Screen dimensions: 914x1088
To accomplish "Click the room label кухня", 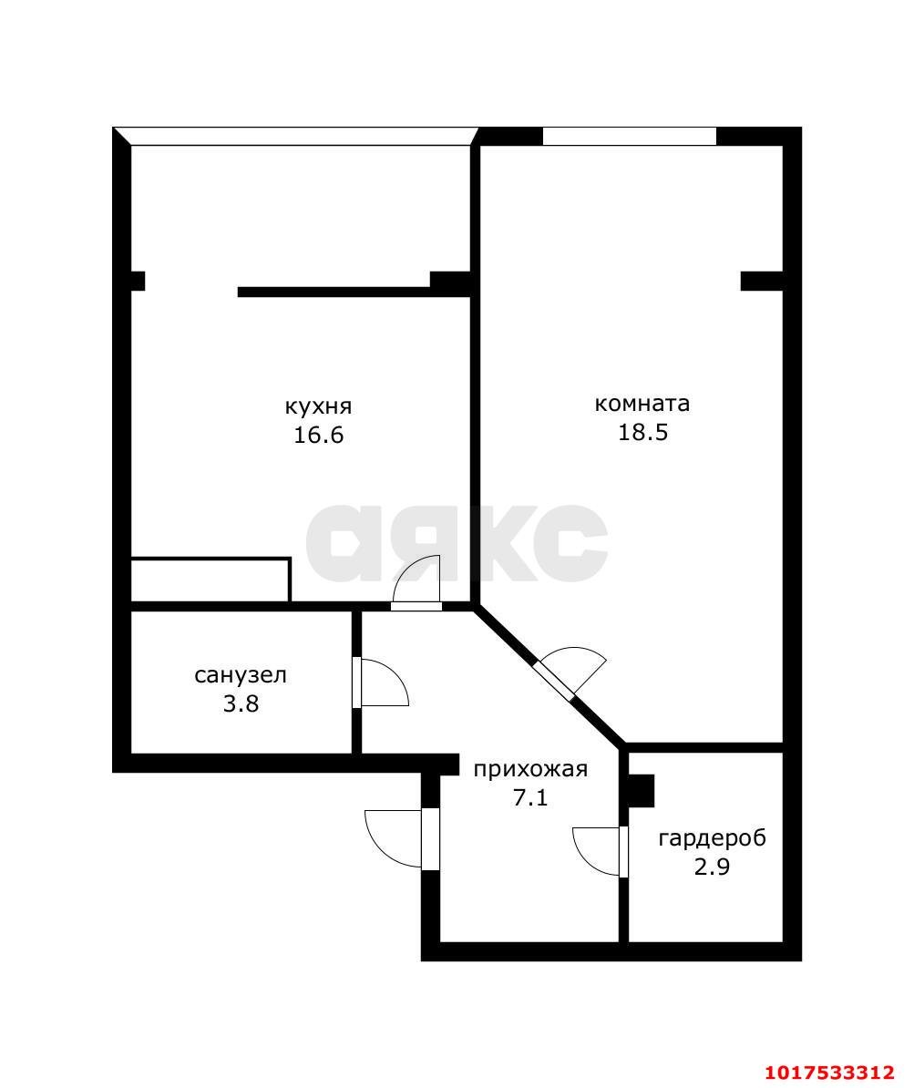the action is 318,406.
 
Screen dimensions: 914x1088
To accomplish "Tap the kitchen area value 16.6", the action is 319,435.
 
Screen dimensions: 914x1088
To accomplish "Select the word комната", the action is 642,404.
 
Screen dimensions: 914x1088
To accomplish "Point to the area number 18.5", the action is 642,432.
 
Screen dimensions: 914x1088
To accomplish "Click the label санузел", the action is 241,675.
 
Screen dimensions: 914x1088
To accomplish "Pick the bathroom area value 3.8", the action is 241,704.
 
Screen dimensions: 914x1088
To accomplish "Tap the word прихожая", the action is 530,769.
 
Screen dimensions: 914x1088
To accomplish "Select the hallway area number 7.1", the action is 530,798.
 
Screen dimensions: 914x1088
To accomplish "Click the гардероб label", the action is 712,838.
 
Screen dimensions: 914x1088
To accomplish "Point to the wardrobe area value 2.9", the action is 712,867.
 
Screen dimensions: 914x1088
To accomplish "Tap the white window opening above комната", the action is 629,136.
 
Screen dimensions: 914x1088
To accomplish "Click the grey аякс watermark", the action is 456,543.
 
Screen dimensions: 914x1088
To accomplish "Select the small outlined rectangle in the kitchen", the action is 211,580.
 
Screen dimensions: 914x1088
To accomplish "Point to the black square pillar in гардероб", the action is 642,790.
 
